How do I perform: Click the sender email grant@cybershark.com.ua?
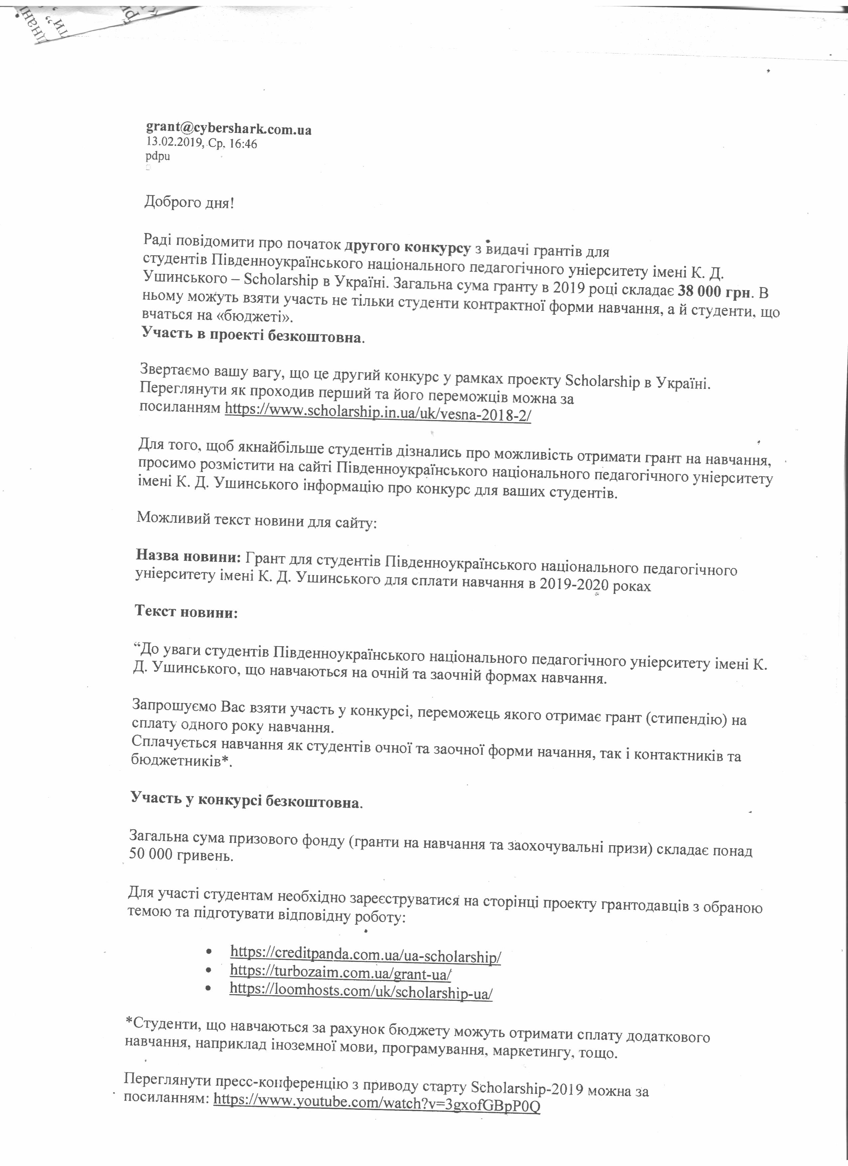[x=229, y=129]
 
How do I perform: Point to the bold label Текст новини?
[x=186, y=612]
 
